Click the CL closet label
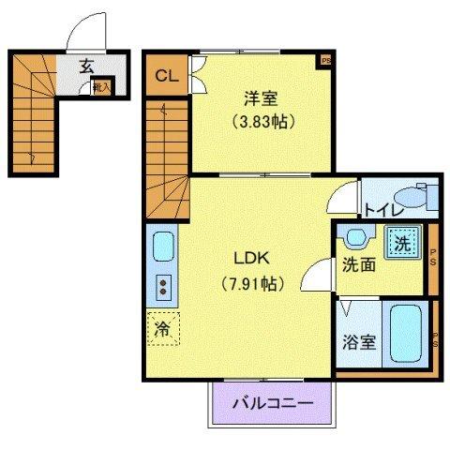(165, 75)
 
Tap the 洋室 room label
(260, 97)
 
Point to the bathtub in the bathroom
(407, 333)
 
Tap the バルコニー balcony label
(272, 404)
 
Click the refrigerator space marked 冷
(161, 329)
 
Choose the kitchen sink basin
(161, 248)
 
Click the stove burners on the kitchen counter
(161, 286)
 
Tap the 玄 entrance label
(86, 66)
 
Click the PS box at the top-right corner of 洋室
(326, 61)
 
